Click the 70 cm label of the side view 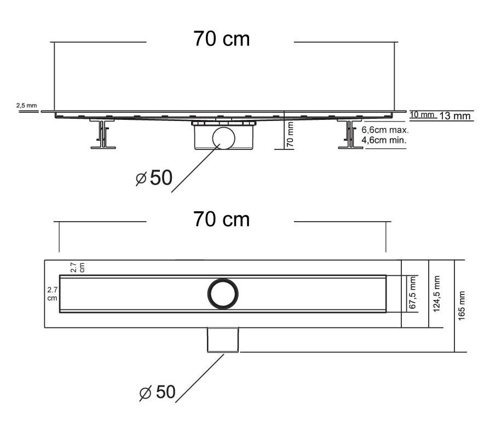tap(221, 39)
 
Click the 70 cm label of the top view tap(221, 219)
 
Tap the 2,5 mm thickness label tap(27, 105)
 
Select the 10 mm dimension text tap(422, 114)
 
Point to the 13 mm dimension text tap(455, 116)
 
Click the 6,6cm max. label tap(385, 130)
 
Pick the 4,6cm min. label tap(384, 140)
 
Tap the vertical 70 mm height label tap(290, 135)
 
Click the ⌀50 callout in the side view tap(154, 178)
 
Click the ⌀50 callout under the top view tap(157, 392)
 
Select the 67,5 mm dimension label tap(412, 292)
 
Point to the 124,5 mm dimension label tap(437, 294)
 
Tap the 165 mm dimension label tap(462, 306)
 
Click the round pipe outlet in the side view tap(224, 128)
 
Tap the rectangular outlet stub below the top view tap(223, 340)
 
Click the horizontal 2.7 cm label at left tap(52, 294)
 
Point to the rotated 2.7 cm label tap(78, 267)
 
